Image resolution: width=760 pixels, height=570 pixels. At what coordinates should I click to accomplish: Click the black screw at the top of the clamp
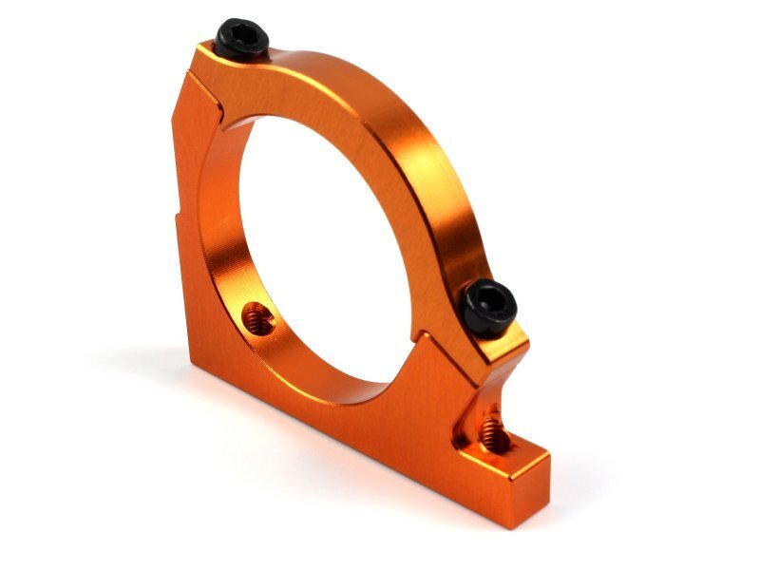coord(241,38)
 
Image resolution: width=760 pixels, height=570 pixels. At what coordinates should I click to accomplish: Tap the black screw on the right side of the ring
coord(490,307)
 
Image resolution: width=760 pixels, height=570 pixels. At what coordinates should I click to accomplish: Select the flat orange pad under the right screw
coord(499,342)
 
